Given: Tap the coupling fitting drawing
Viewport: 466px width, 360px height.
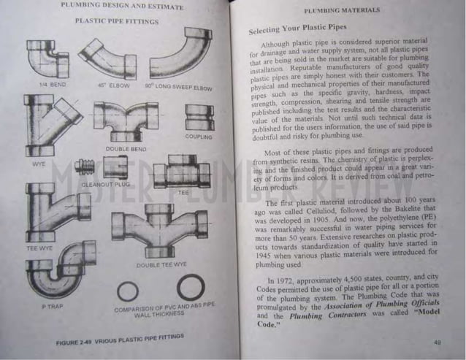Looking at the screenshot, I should click(198, 117).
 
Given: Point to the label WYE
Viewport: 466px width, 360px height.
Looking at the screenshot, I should click(39, 164).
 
